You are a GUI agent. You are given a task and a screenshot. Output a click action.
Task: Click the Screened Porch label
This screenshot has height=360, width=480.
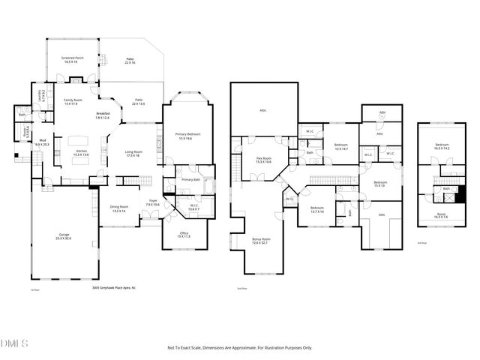point(73,59)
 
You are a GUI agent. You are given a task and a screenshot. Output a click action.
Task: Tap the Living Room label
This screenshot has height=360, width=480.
point(134,154)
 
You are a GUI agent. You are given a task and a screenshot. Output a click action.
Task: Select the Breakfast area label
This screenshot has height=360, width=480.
point(102,115)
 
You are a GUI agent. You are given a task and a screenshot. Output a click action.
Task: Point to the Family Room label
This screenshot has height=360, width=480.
point(73,102)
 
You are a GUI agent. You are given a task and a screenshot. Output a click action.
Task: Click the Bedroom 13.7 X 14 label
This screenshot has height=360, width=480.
point(316,210)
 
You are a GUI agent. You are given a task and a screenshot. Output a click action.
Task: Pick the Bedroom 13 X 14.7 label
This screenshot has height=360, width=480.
point(341,147)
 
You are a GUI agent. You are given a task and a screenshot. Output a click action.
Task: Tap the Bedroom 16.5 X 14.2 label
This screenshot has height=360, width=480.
point(443,147)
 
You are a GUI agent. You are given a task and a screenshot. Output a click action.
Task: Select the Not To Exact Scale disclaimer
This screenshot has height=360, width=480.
point(239,348)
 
